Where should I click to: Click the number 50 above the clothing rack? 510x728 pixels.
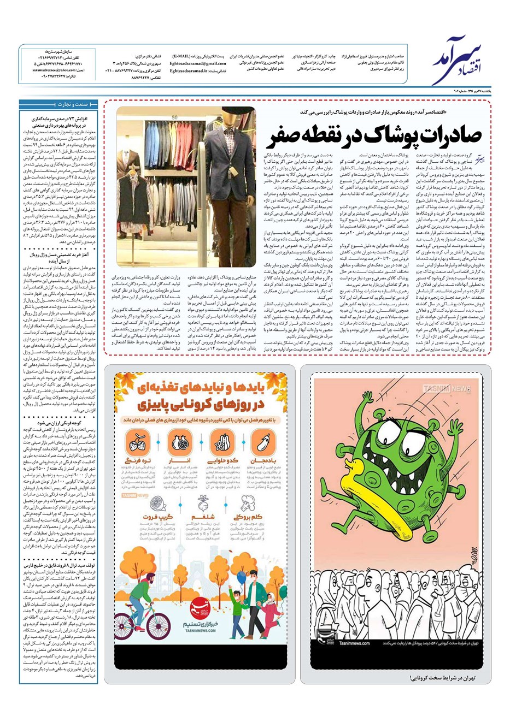(174, 116)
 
